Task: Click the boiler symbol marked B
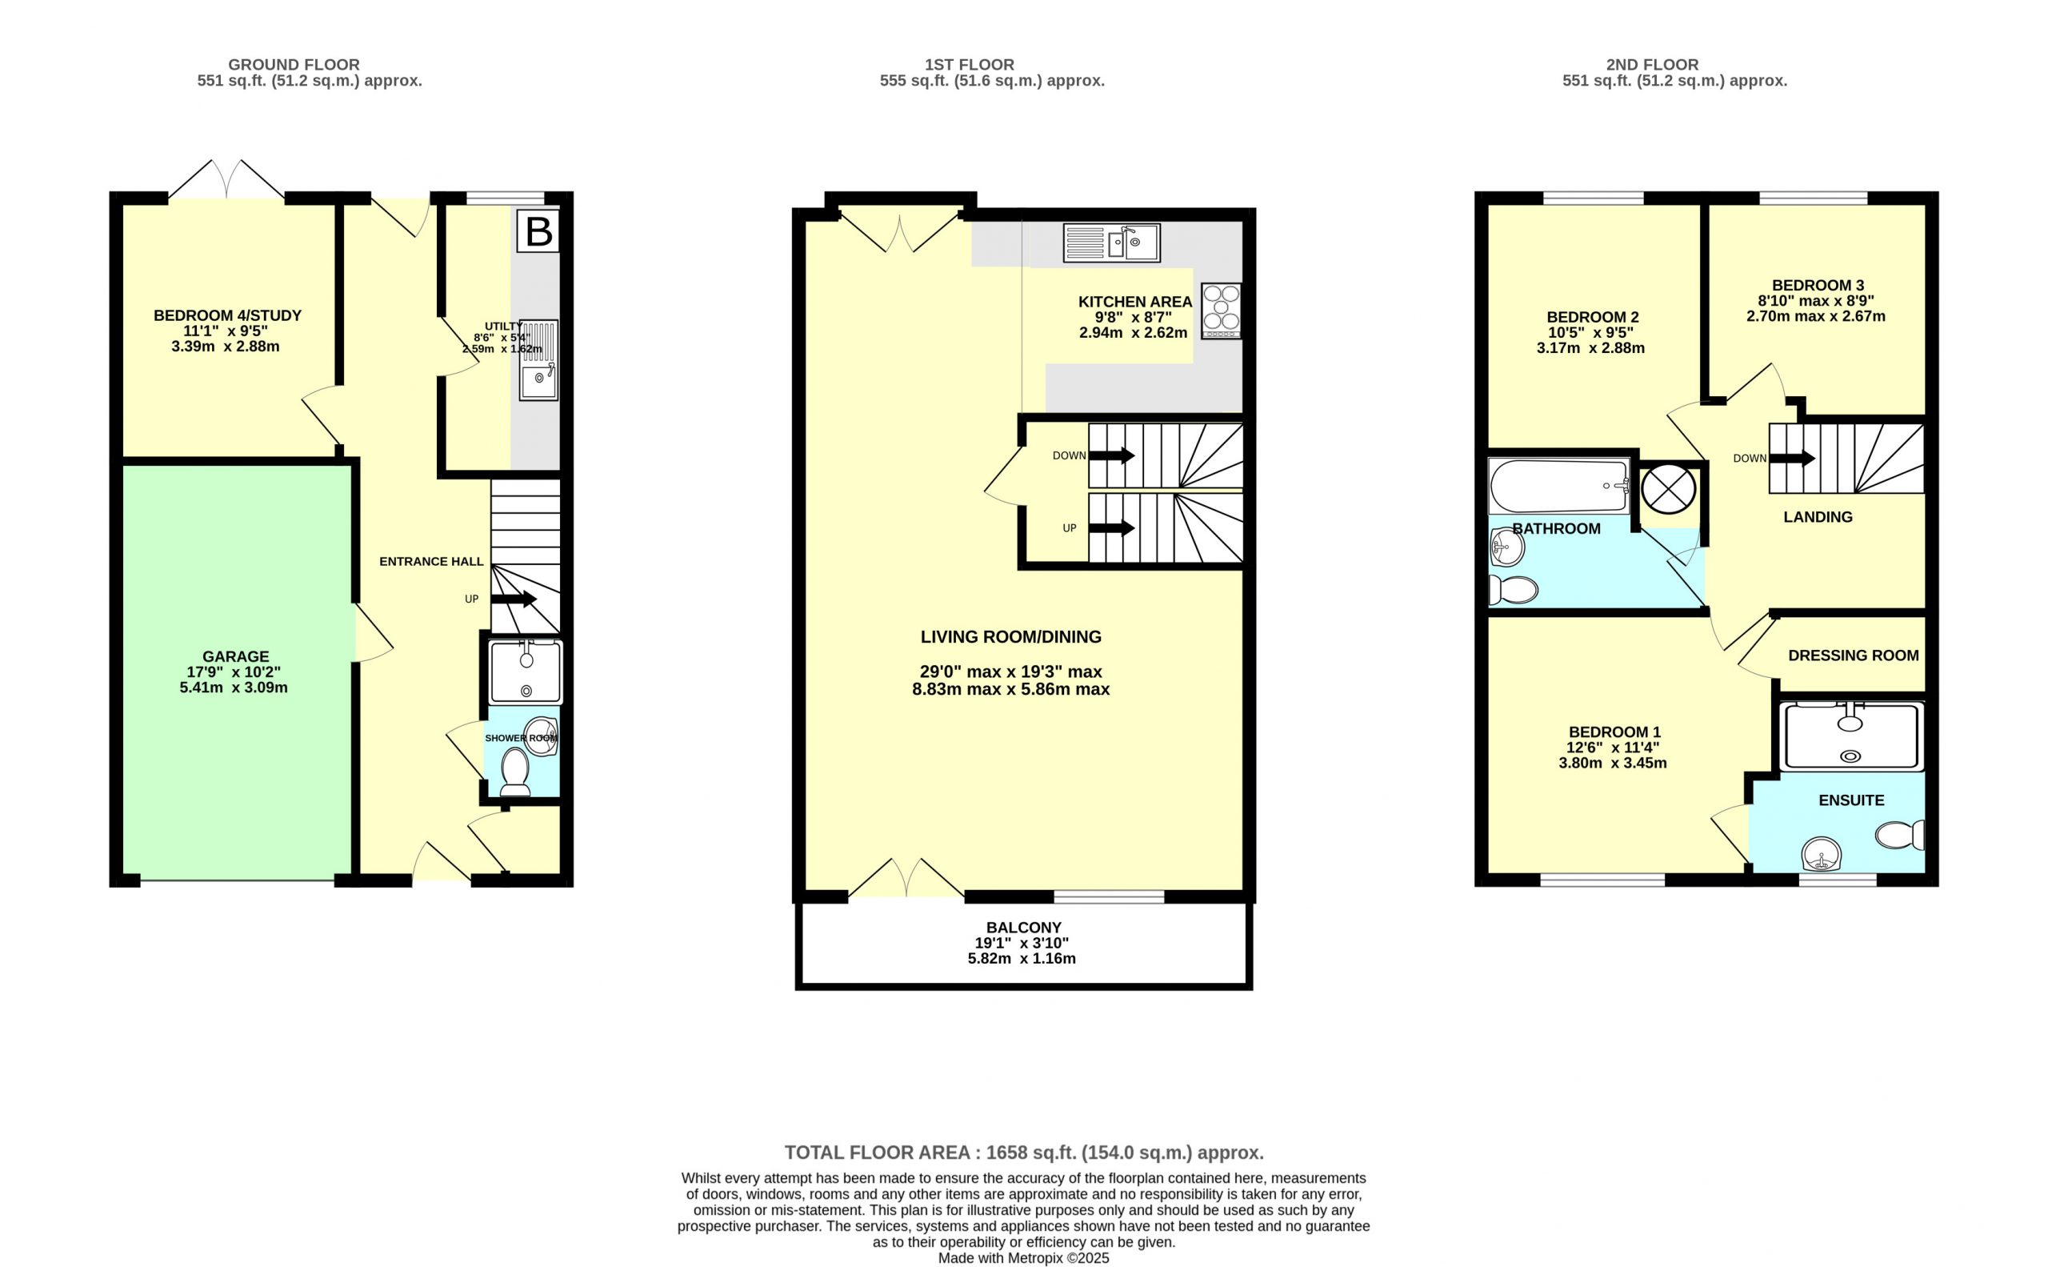coord(538,231)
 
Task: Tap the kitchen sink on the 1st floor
coord(1111,243)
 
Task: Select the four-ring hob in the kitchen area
coord(1222,311)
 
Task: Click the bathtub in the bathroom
coord(1559,486)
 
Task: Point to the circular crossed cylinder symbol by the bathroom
coord(1668,489)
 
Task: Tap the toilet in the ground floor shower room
coord(514,772)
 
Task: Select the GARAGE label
coord(235,656)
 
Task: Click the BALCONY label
coord(1023,928)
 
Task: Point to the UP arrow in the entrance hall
coord(514,599)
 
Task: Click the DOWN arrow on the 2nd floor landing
coord(1792,459)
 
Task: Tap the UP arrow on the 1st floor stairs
coord(1111,528)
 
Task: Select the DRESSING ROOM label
coord(1853,656)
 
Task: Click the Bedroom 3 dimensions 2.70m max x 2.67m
coord(1815,316)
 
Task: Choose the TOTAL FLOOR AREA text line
coord(1023,1153)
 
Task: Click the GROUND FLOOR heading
coord(294,65)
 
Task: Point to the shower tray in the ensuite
coord(1851,736)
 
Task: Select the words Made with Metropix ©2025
coord(1023,1257)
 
